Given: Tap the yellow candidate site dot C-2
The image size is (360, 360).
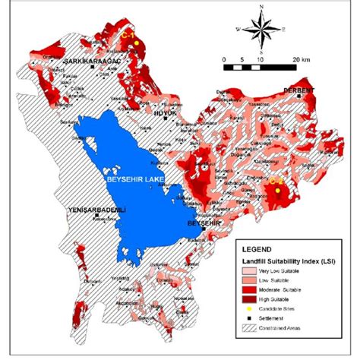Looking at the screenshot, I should point(278,192).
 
